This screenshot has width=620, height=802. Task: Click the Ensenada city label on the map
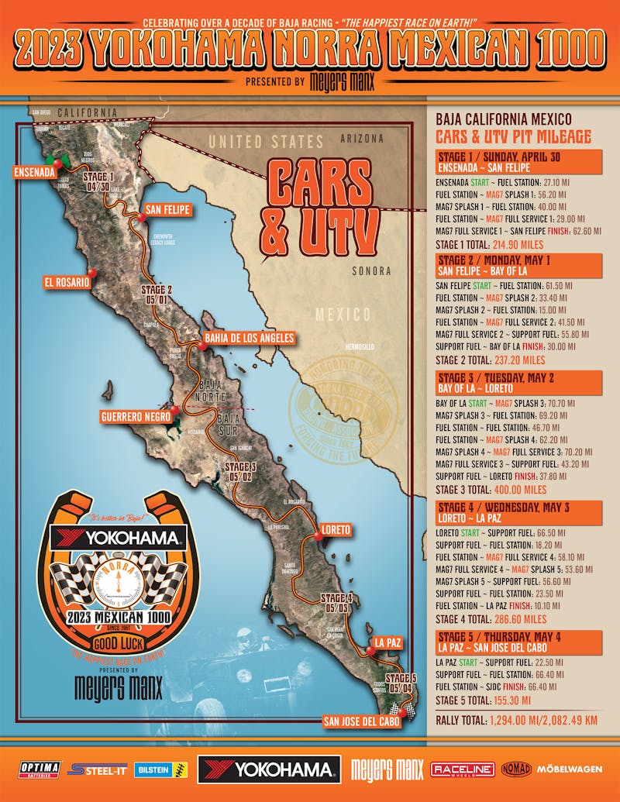pos(34,172)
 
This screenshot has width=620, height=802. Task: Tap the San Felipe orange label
pos(167,209)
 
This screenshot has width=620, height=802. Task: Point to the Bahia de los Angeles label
pos(250,338)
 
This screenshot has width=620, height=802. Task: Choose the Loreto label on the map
pos(335,530)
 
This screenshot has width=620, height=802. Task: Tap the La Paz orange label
pos(387,642)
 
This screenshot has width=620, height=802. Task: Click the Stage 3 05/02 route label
pos(239,471)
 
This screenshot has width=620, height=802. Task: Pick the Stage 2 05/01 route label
pos(157,295)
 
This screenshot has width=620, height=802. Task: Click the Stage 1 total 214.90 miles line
pos(490,243)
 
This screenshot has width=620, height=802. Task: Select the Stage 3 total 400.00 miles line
pos(490,490)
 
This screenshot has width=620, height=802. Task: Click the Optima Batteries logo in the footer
pos(39,769)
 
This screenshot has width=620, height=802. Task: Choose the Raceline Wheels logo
pos(462,769)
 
